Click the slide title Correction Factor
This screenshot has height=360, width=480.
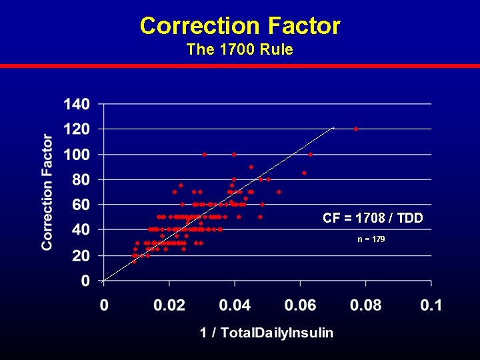(240, 26)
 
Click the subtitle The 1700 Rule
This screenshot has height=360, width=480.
(240, 49)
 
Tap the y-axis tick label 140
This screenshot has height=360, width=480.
(77, 104)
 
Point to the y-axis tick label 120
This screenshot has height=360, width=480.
(77, 129)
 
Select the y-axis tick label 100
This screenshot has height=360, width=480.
(77, 155)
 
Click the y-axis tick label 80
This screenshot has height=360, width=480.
(81, 180)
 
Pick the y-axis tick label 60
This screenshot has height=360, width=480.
(81, 205)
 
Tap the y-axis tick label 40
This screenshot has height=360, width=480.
(81, 231)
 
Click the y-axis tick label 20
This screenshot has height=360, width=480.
(81, 256)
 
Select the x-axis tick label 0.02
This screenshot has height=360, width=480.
(169, 306)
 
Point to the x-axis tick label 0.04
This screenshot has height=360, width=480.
(234, 306)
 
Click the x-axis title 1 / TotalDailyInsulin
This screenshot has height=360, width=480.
(267, 333)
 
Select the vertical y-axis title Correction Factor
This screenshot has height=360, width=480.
(47, 192)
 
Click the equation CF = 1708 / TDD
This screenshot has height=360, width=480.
(373, 218)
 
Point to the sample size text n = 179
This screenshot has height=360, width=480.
(371, 239)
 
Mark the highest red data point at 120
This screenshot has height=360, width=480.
(356, 129)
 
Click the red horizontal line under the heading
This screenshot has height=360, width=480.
(240, 66)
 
